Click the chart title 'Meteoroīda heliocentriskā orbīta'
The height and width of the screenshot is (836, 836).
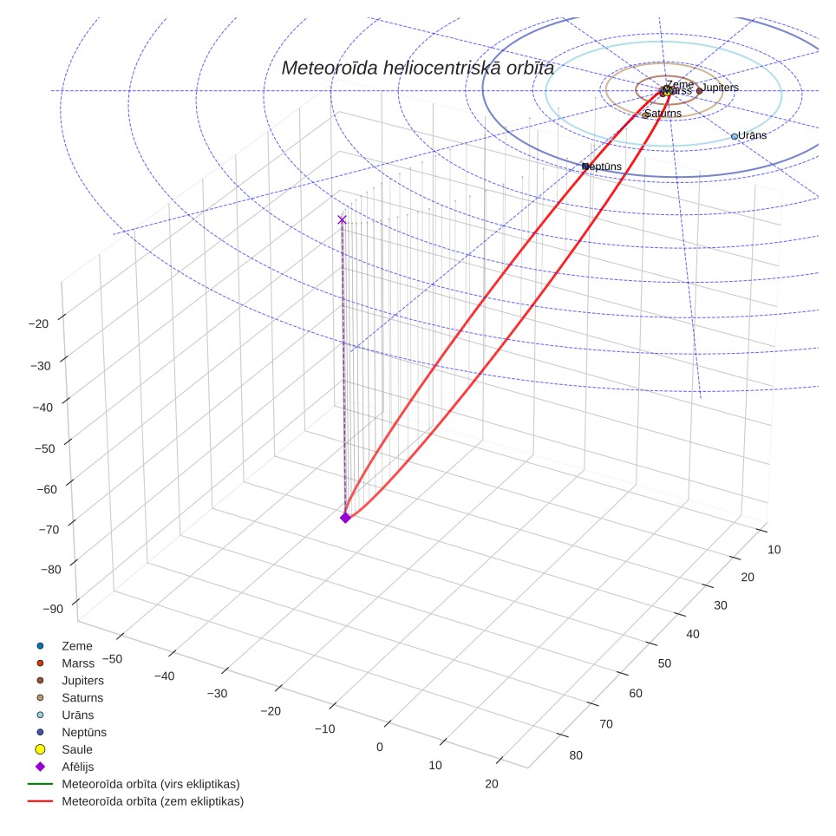417,69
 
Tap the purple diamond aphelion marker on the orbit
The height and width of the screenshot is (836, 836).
345,518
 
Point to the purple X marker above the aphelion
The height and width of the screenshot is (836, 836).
342,220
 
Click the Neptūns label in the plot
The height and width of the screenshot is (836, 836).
603,167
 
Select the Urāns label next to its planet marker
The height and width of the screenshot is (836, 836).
752,135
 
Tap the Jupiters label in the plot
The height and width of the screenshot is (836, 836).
720,88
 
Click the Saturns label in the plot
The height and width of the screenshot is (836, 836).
663,113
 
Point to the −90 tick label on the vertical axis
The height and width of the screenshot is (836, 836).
52,609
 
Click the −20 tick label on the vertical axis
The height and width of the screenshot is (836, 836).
38,323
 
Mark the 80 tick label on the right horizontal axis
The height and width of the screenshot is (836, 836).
576,755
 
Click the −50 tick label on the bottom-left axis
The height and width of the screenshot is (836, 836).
112,659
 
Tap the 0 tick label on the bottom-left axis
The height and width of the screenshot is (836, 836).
380,747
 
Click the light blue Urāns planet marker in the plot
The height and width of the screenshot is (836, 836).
735,136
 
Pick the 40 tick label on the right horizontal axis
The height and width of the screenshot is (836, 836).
693,634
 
